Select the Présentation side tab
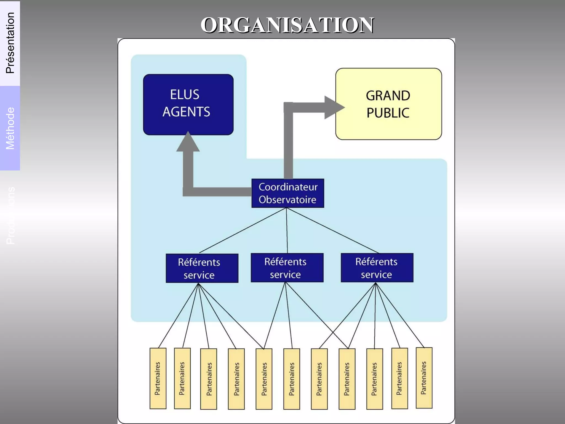point(10,43)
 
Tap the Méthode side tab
point(10,128)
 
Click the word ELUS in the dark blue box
point(185,95)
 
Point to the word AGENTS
point(186,112)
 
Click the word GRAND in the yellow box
point(388,96)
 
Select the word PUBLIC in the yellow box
point(388,113)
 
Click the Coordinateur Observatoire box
point(287,193)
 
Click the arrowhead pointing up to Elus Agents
point(188,142)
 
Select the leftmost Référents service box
point(202,268)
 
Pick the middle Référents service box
point(287,267)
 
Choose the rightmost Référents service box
point(377,267)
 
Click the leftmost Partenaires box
point(158,378)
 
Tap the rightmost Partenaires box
point(424,378)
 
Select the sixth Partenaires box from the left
point(292,379)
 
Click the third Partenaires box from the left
point(209,379)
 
